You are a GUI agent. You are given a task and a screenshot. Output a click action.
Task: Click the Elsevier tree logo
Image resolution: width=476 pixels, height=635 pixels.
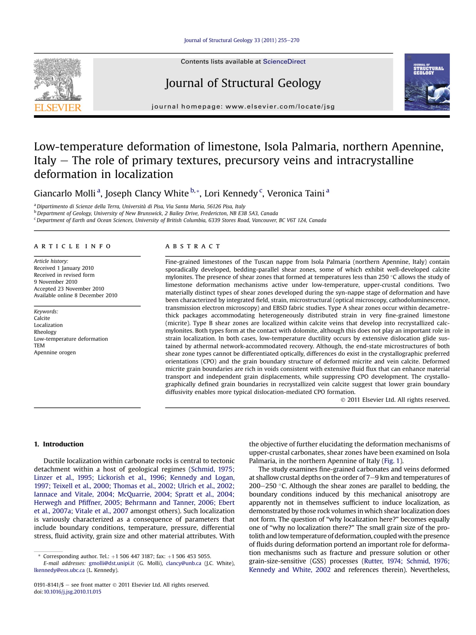58,79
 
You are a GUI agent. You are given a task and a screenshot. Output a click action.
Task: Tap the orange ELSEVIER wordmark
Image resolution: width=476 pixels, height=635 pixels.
58,108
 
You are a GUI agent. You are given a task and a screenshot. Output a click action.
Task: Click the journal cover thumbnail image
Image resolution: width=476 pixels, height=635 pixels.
427,82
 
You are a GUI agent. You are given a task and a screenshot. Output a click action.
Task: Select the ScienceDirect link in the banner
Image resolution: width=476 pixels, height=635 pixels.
284,61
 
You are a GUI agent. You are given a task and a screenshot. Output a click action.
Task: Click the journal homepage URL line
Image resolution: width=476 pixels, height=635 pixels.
243,107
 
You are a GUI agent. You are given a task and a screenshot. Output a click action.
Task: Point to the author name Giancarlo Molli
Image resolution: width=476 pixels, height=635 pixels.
65,193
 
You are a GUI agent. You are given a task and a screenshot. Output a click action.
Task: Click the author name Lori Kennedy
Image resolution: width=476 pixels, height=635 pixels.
231,193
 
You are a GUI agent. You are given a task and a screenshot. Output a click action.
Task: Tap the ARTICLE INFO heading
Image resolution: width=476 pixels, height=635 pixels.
72,246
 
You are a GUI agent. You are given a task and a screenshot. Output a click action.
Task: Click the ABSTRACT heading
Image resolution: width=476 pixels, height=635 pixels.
193,246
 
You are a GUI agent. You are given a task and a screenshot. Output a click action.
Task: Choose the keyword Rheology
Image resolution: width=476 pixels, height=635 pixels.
45,332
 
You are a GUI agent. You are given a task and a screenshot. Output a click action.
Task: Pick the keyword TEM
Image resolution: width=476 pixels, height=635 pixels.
39,345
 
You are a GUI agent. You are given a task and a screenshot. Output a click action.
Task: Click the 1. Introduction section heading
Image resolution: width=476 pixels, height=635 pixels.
59,444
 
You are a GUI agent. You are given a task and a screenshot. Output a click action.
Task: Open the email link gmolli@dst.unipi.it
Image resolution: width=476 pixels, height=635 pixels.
111,563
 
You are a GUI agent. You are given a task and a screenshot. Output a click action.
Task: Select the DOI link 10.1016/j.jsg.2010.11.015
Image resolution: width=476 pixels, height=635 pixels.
72,592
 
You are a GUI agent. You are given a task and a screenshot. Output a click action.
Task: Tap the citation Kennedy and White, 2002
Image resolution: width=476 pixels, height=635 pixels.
290,570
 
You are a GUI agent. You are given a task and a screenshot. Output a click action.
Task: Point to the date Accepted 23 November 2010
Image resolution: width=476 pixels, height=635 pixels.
69,289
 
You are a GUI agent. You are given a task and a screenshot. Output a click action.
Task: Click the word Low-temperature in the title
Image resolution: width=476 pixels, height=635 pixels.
78,147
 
